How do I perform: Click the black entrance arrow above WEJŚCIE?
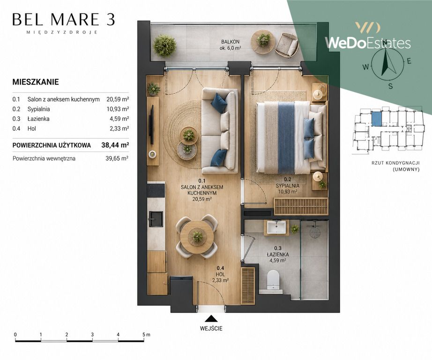point(211,319)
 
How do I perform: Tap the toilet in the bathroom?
point(274,280)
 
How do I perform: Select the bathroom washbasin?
point(276,228)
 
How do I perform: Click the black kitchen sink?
point(156,219)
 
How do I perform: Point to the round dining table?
point(197,237)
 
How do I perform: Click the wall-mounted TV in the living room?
point(151,125)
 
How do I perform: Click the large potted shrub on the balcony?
point(164,45)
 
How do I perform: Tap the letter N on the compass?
point(386,42)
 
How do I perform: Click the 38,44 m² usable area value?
point(115,145)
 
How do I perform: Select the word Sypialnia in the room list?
point(38,109)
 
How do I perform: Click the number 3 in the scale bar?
point(92,334)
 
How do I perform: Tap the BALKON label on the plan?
point(231,42)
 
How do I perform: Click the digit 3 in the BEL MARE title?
point(111,20)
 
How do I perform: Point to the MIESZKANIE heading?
point(36,82)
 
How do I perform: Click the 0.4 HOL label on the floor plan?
point(220,271)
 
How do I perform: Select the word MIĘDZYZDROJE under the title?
point(62,32)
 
